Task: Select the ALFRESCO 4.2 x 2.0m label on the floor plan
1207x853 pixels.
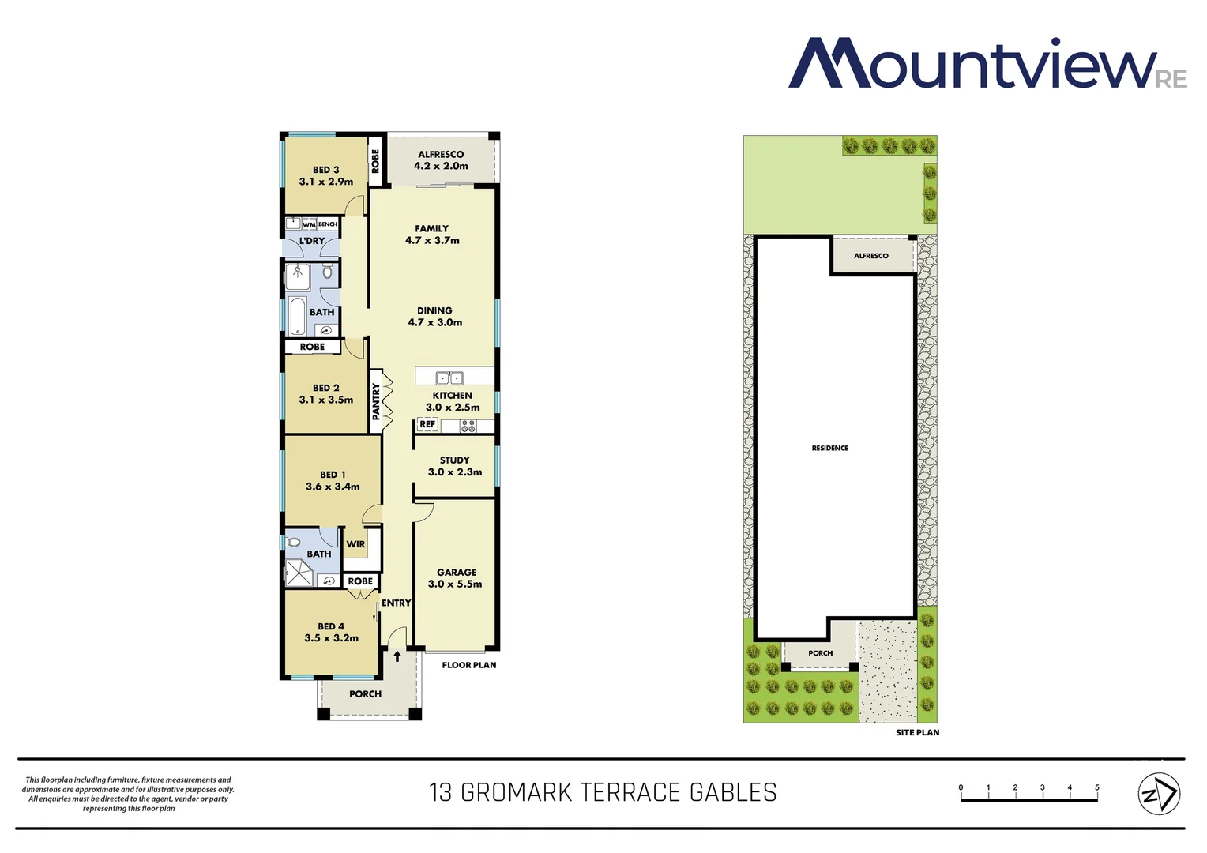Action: pos(441,160)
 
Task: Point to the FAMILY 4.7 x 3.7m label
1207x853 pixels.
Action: pos(432,235)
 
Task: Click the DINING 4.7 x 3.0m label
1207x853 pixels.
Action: pos(434,317)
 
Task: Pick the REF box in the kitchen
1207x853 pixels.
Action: pos(427,425)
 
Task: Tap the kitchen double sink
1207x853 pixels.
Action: pos(450,378)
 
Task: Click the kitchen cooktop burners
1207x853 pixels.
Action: pos(468,426)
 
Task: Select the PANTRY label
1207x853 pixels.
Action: pos(376,401)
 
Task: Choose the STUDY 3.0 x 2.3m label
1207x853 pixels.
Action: pos(454,466)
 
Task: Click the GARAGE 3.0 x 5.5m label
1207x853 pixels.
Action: pos(456,578)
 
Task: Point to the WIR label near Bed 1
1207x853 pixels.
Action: pos(355,544)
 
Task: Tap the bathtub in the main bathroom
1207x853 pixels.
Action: pos(297,317)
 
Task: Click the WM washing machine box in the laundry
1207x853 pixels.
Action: pos(309,225)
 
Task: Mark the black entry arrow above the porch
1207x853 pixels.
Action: pos(397,656)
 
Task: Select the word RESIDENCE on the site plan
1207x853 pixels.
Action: pos(829,448)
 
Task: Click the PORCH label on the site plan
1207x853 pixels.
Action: pos(820,653)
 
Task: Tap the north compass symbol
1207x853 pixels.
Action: pos(1158,793)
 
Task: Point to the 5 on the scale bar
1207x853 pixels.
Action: pos(1096,787)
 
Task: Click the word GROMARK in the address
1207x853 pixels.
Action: pos(516,792)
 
